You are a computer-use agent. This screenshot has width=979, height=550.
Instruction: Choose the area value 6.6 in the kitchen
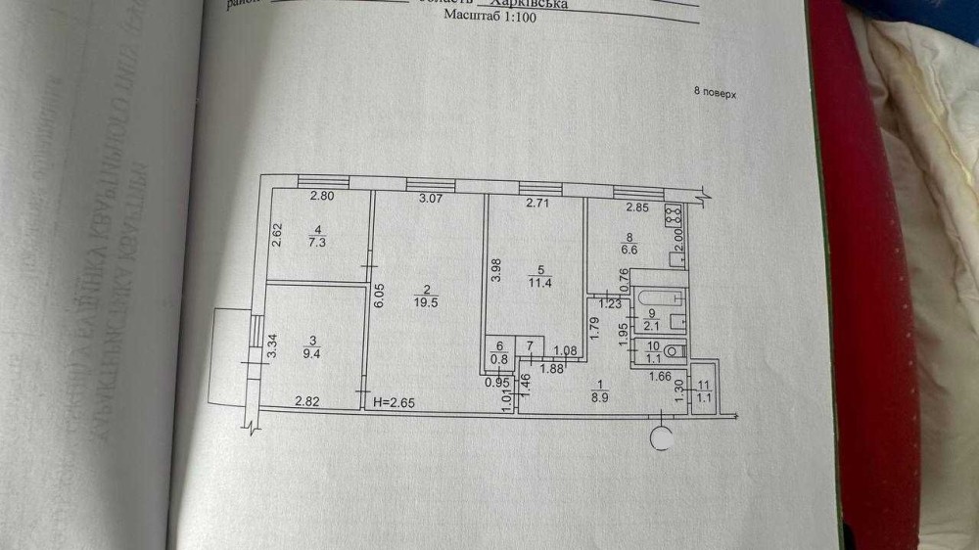point(632,249)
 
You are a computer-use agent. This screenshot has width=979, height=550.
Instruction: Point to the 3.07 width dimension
point(431,200)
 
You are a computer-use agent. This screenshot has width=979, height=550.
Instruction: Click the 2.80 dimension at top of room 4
point(323,197)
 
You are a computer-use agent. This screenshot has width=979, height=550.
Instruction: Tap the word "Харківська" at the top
point(531,3)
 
